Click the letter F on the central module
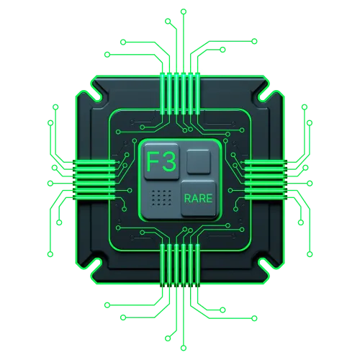pyautogui.click(x=152, y=161)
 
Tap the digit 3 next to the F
pyautogui.click(x=169, y=161)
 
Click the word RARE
pyautogui.click(x=198, y=198)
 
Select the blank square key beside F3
pyautogui.click(x=199, y=161)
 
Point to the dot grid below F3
pyautogui.click(x=162, y=198)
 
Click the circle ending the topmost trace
pyautogui.click(x=184, y=12)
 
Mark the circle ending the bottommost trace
pyautogui.click(x=184, y=348)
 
